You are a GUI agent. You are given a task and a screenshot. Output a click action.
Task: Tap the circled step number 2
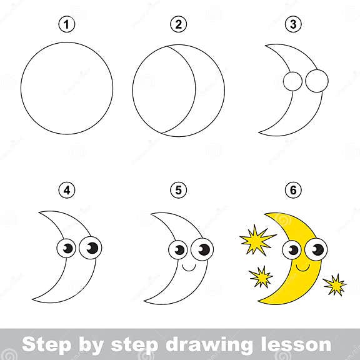pyautogui.click(x=179, y=25)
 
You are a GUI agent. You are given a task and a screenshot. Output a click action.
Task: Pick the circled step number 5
pyautogui.click(x=179, y=189)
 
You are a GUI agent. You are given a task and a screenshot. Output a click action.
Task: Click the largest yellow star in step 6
pyautogui.click(x=256, y=238)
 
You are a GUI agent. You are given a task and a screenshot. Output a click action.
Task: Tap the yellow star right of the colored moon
pyautogui.click(x=335, y=285)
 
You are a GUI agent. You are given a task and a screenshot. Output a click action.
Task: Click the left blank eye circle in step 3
pyautogui.click(x=291, y=81)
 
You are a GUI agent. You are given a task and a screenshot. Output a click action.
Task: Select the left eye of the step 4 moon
pyautogui.click(x=68, y=248)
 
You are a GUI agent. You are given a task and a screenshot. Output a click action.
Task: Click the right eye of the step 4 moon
pyautogui.click(x=91, y=248)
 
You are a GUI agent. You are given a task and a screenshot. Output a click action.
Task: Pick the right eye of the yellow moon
pyautogui.click(x=316, y=249)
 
